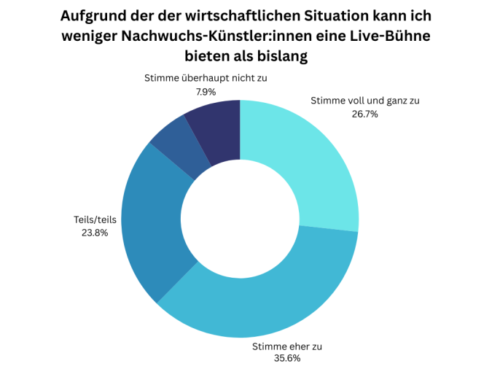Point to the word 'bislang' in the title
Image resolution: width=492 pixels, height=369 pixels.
[280, 56]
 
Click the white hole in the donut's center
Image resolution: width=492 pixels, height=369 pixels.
[240, 219]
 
